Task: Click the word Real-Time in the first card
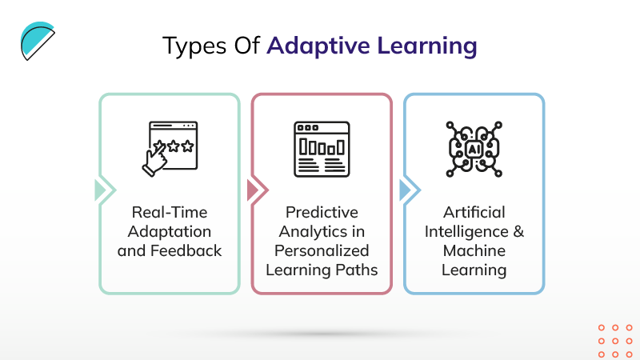pos(169,214)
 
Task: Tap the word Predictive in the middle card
pos(322,214)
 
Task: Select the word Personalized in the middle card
pos(322,250)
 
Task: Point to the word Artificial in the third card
pos(474,214)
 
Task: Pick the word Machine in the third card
pos(474,250)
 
